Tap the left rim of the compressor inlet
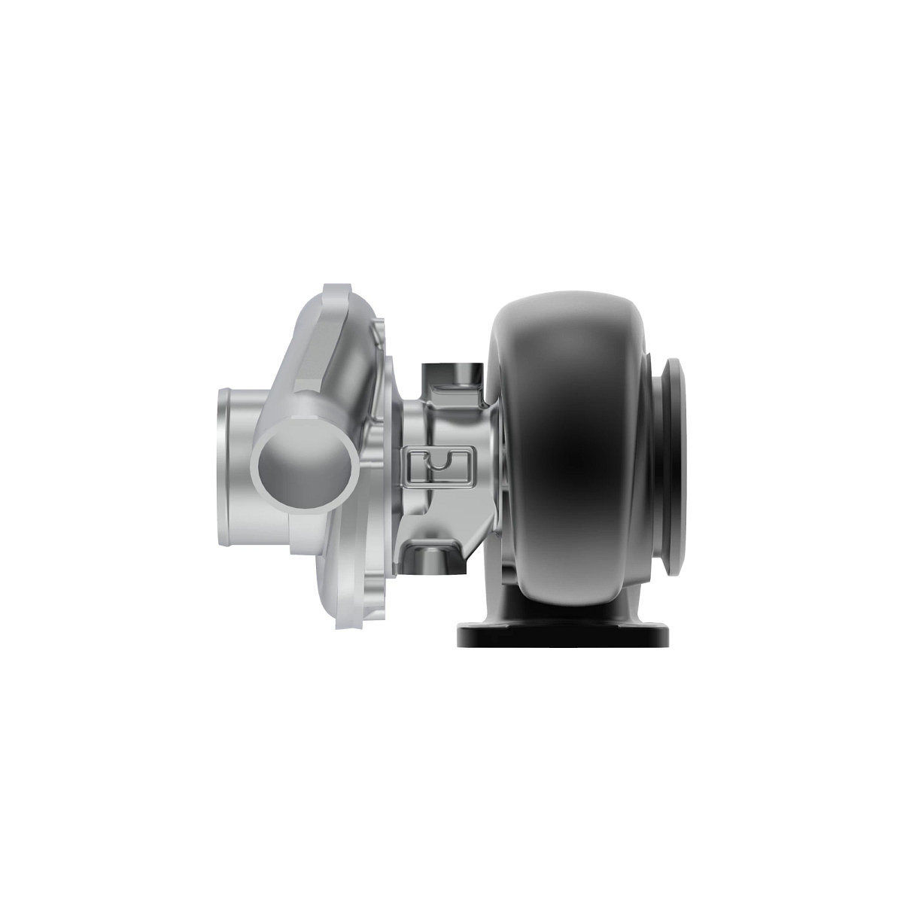220,467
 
